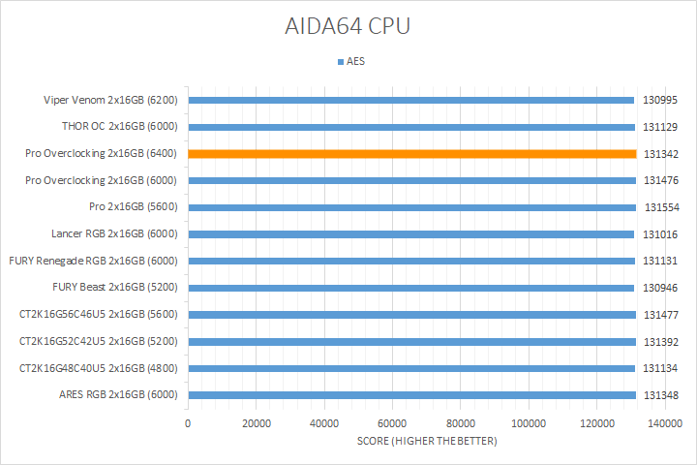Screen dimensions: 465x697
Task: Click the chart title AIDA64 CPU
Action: (x=348, y=25)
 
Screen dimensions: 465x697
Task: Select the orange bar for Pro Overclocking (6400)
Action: (x=411, y=153)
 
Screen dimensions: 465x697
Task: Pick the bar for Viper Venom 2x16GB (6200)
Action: (x=411, y=100)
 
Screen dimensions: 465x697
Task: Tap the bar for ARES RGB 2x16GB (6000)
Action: (x=411, y=395)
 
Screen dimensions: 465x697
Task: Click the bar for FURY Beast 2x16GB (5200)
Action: (x=411, y=288)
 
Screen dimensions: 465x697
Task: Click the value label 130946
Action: (x=663, y=288)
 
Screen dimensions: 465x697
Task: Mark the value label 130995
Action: (x=663, y=100)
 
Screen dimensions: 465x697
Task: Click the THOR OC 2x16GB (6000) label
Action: (x=117, y=126)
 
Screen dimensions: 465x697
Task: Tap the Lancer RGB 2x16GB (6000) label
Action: (x=114, y=233)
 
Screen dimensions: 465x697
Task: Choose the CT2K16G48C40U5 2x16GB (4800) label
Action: (x=98, y=368)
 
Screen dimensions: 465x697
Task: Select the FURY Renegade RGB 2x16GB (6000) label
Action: (x=93, y=261)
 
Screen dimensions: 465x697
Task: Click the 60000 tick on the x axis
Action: (x=392, y=424)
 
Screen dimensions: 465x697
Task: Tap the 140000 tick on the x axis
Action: (x=665, y=424)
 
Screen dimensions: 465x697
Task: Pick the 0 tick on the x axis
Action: (x=188, y=424)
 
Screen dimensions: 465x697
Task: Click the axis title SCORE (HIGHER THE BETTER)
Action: (x=426, y=442)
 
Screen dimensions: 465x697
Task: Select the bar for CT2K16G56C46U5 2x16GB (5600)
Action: (x=411, y=315)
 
